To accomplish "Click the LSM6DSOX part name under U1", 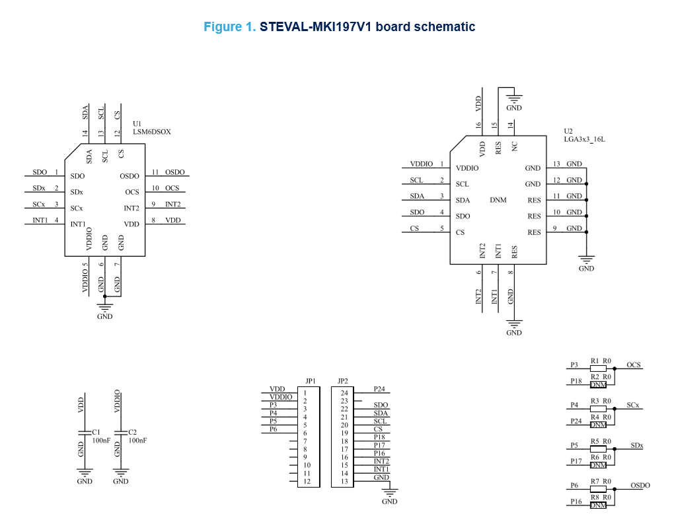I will pyautogui.click(x=152, y=132).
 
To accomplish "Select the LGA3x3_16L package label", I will pyautogui.click(x=584, y=139).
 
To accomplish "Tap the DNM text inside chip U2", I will pyautogui.click(x=498, y=200).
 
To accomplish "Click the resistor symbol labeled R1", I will pyautogui.click(x=598, y=368).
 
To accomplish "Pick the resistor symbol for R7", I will pyautogui.click(x=598, y=488).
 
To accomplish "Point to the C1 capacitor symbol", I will pyautogui.click(x=84, y=433).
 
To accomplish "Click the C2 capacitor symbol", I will pyautogui.click(x=120, y=433).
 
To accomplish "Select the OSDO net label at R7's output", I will pyautogui.click(x=640, y=485).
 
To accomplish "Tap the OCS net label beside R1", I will pyautogui.click(x=634, y=365).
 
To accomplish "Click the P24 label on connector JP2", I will pyautogui.click(x=379, y=389).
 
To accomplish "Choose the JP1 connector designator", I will pyautogui.click(x=311, y=381).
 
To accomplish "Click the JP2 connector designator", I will pyautogui.click(x=342, y=381).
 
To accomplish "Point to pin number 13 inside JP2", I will pyautogui.click(x=344, y=481).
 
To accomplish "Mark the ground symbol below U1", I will pyautogui.click(x=104, y=307).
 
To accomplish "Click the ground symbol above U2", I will pyautogui.click(x=513, y=99).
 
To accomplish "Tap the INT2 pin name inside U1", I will pyautogui.click(x=131, y=208).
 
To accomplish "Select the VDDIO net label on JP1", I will pyautogui.click(x=281, y=397).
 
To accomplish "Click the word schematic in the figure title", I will pyautogui.click(x=442, y=27).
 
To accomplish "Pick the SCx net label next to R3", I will pyautogui.click(x=632, y=404).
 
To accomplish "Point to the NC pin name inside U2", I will pyautogui.click(x=514, y=146).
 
